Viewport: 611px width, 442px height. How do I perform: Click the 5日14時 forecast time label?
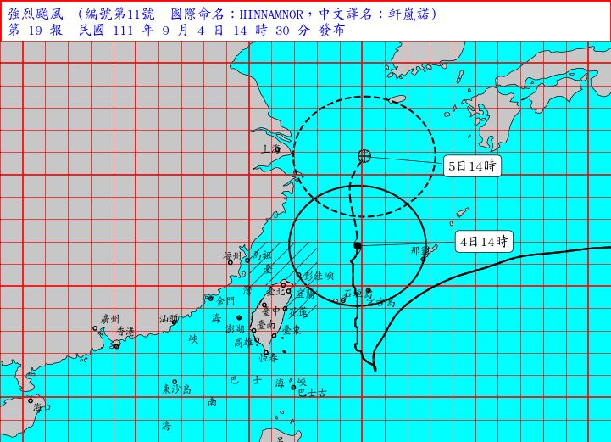pyautogui.click(x=472, y=166)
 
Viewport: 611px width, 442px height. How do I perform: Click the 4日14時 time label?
pyautogui.click(x=483, y=241)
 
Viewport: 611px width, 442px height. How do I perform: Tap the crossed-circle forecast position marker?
pyautogui.click(x=364, y=155)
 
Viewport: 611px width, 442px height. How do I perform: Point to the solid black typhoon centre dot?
pyautogui.click(x=358, y=246)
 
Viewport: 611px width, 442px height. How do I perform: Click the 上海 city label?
pyautogui.click(x=270, y=148)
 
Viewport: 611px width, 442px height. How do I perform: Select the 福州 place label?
pyautogui.click(x=232, y=255)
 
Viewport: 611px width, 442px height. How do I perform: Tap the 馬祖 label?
pyautogui.click(x=263, y=255)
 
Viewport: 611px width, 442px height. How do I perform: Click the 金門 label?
pyautogui.click(x=225, y=301)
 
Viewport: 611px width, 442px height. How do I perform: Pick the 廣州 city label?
pyautogui.click(x=109, y=319)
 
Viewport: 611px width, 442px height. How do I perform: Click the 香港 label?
pyautogui.click(x=125, y=331)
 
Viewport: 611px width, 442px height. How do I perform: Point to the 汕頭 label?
pyautogui.click(x=169, y=319)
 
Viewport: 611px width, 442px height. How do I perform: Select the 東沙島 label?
pyautogui.click(x=176, y=389)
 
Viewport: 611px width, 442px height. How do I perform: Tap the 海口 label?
pyautogui.click(x=42, y=407)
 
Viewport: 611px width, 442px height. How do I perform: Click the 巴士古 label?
pyautogui.click(x=312, y=392)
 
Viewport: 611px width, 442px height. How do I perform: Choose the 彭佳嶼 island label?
pyautogui.click(x=319, y=276)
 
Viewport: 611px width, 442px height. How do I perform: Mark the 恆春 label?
pyautogui.click(x=269, y=359)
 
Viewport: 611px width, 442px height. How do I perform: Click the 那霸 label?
pyautogui.click(x=420, y=250)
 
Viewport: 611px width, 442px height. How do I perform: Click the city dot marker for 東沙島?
pyautogui.click(x=175, y=382)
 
